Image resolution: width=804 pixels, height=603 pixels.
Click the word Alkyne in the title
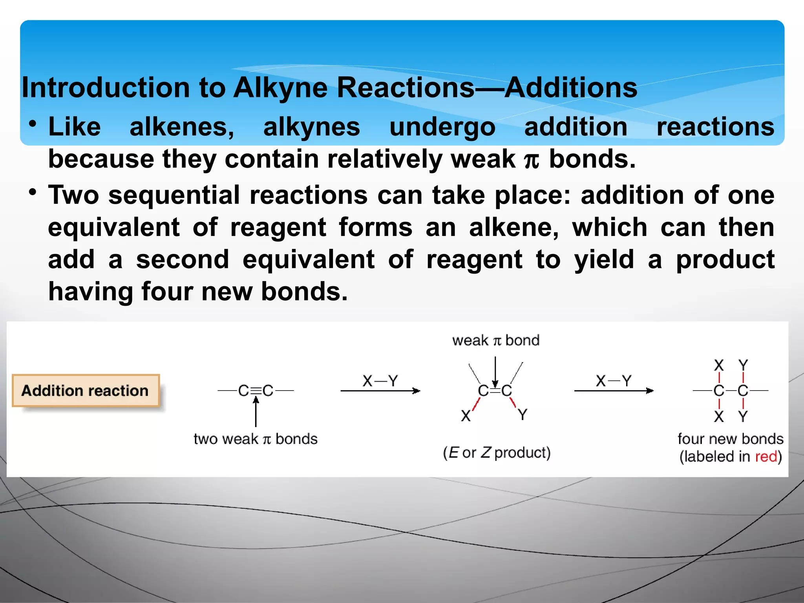(x=280, y=88)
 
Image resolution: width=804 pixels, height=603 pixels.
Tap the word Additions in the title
(x=571, y=88)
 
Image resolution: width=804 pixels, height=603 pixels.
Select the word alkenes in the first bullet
(x=182, y=127)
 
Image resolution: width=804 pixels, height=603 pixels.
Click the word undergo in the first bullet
(x=442, y=128)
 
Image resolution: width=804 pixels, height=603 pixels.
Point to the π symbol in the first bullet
(x=532, y=160)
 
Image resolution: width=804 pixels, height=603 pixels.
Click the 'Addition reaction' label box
(x=86, y=391)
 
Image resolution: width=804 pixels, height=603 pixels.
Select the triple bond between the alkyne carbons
(x=256, y=391)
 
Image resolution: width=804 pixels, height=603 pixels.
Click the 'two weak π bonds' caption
(x=256, y=439)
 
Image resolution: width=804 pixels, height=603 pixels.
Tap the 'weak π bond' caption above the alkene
(x=495, y=340)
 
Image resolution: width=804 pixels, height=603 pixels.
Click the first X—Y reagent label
(x=380, y=381)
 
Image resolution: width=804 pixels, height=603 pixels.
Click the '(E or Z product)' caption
(x=497, y=453)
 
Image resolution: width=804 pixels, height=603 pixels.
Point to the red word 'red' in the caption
(x=766, y=457)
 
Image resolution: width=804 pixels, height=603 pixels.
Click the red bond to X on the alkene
(x=476, y=404)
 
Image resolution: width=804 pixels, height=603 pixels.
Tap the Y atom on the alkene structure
(x=523, y=415)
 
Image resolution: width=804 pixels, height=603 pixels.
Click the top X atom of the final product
(x=719, y=365)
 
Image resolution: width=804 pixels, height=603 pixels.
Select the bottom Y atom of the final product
(x=743, y=416)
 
